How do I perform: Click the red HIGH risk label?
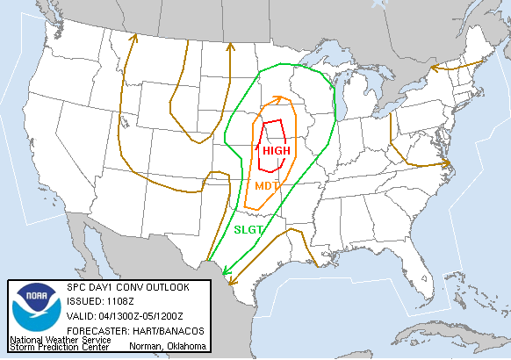pyautogui.click(x=276, y=151)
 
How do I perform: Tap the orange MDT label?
pyautogui.click(x=267, y=186)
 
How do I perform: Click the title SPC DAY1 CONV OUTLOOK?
pyautogui.click(x=127, y=288)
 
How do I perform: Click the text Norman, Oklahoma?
pyautogui.click(x=166, y=347)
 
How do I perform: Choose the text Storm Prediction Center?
pyautogui.click(x=59, y=348)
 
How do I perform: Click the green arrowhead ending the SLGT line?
pyautogui.click(x=225, y=273)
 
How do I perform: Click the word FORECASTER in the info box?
pyautogui.click(x=96, y=330)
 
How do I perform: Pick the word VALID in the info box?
pyautogui.click(x=80, y=316)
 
